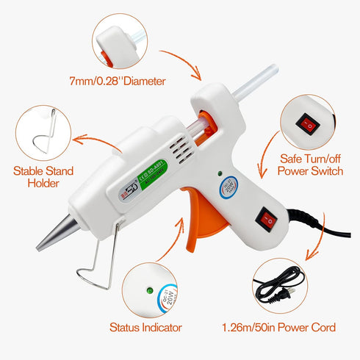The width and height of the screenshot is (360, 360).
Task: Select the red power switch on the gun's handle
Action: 267,219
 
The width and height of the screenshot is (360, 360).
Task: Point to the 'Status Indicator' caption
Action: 145,328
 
